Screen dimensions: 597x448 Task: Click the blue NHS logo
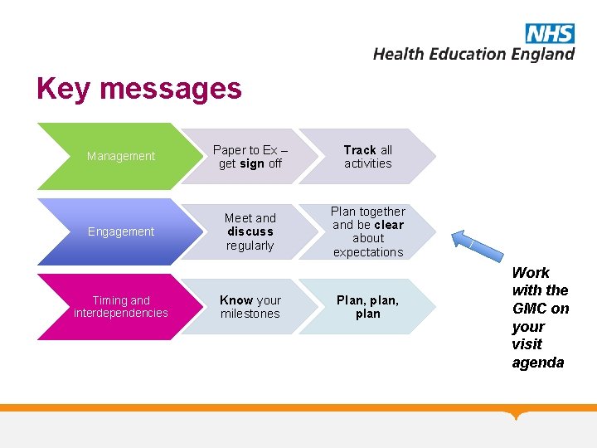549,33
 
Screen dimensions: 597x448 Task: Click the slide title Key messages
139,89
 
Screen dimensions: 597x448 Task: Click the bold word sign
252,163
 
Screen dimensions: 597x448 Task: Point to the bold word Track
360,150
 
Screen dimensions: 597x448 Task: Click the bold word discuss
250,231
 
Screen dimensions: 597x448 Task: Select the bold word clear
388,225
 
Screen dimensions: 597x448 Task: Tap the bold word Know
236,300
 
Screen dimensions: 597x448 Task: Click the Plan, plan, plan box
367,306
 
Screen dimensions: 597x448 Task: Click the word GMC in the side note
530,309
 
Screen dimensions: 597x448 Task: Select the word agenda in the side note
538,363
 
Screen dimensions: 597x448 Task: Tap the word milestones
250,314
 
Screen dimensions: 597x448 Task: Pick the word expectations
368,252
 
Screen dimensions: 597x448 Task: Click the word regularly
250,246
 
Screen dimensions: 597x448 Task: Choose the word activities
368,163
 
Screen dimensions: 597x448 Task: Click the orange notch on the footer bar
518,414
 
